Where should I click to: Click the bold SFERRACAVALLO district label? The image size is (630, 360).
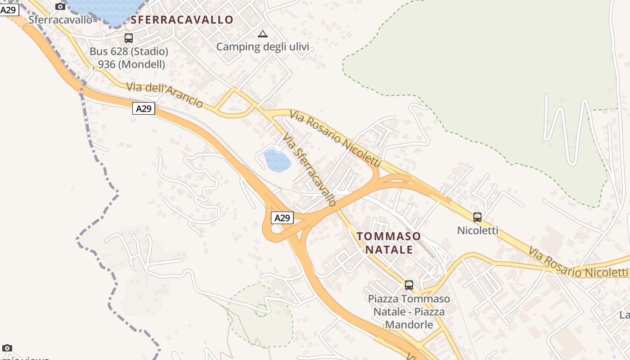click(182, 20)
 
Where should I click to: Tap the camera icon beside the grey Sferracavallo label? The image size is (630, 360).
click(60, 6)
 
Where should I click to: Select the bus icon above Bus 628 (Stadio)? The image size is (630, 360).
click(129, 38)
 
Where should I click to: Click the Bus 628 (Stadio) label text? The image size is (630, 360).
click(129, 51)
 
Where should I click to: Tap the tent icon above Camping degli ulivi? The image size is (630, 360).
click(262, 34)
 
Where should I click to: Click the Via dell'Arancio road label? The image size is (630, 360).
click(164, 94)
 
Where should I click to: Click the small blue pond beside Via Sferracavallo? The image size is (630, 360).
click(276, 161)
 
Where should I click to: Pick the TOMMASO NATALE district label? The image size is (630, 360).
click(389, 243)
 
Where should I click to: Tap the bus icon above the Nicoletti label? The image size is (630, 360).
click(477, 217)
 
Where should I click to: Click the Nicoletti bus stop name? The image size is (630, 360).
click(477, 230)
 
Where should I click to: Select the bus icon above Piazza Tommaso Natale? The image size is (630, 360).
click(409, 285)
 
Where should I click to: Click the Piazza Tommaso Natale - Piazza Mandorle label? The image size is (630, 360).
click(409, 311)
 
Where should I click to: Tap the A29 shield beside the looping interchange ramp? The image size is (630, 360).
click(282, 218)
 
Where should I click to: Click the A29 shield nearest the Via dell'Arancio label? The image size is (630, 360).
click(144, 108)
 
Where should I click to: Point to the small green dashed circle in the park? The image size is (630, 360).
click(261, 310)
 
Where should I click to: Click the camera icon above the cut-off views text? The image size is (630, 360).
click(7, 348)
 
